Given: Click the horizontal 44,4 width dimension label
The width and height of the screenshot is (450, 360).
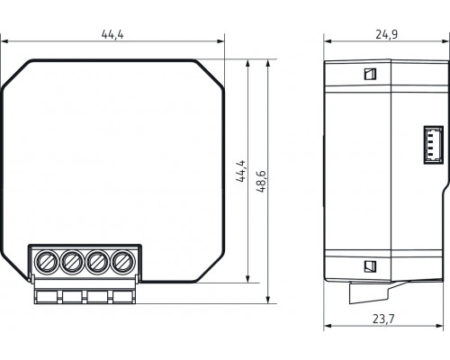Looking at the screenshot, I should pyautogui.click(x=112, y=33).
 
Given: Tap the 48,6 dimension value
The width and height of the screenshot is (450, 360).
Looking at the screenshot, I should pyautogui.click(x=259, y=172).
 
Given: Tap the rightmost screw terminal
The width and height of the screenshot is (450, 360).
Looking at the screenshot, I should pyautogui.click(x=121, y=263).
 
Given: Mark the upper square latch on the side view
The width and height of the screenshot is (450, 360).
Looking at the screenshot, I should pyautogui.click(x=368, y=75).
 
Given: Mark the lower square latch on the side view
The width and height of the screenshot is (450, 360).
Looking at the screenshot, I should pyautogui.click(x=368, y=266).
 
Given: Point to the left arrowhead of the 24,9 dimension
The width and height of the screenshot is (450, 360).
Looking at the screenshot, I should pyautogui.click(x=327, y=41).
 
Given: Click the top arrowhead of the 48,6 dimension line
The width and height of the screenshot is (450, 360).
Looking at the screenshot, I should pyautogui.click(x=269, y=62).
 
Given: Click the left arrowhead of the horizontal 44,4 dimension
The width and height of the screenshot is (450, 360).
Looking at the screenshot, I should pyautogui.click(x=4, y=41).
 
